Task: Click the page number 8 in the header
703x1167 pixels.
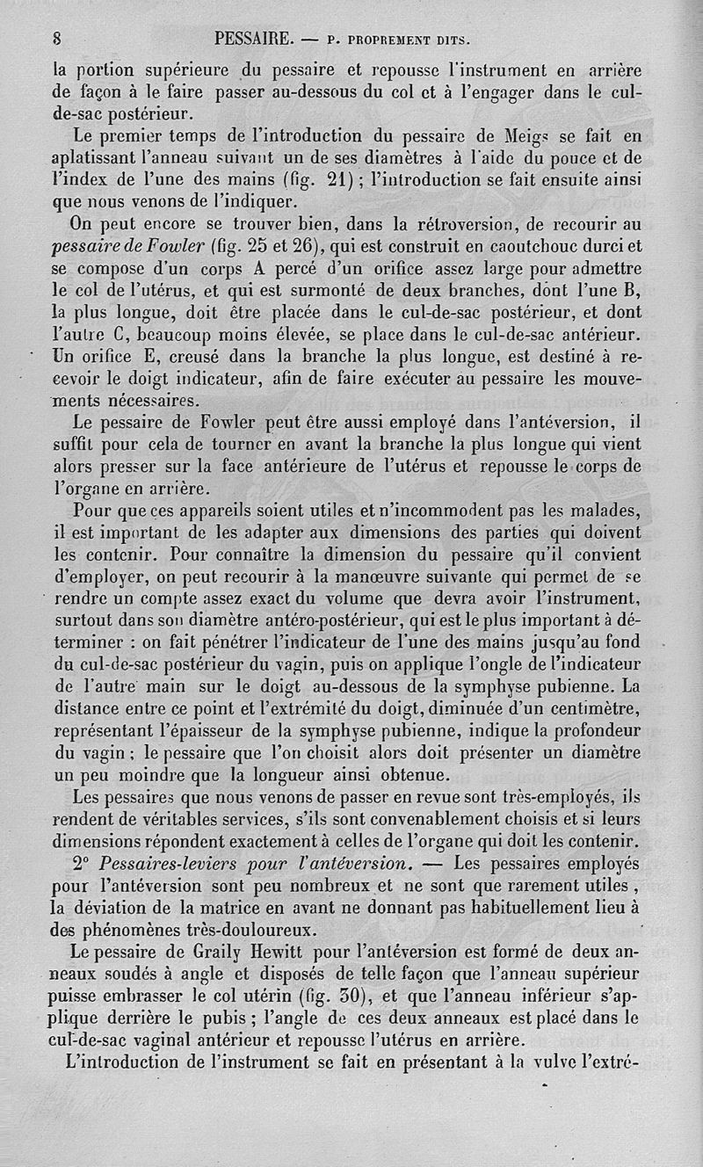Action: tap(56, 38)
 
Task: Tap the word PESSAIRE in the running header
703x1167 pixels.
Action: tap(252, 38)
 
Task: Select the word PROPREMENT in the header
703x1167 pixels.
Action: tap(380, 40)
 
